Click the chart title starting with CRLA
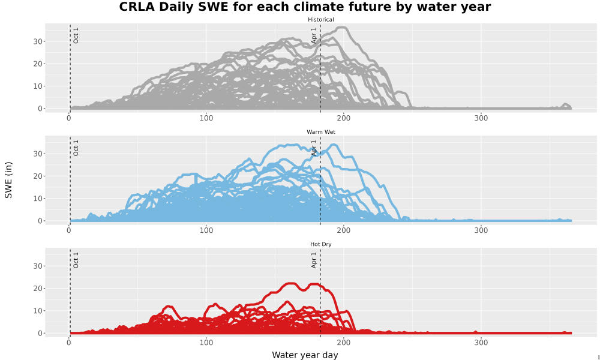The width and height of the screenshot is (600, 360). pyautogui.click(x=305, y=7)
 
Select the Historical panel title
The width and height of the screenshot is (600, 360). pyautogui.click(x=320, y=20)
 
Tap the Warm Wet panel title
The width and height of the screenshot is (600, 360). pyautogui.click(x=320, y=132)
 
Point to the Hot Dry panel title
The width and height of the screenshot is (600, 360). pyautogui.click(x=320, y=244)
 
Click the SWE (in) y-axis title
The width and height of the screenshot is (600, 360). pyautogui.click(x=8, y=180)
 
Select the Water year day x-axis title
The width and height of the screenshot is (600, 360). pyautogui.click(x=305, y=355)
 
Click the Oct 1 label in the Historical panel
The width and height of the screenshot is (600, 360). pyautogui.click(x=76, y=35)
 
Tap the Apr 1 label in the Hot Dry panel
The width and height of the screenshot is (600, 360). pyautogui.click(x=314, y=260)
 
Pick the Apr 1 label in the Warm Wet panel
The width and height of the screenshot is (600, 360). pyautogui.click(x=314, y=148)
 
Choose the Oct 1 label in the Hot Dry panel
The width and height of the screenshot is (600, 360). pyautogui.click(x=76, y=260)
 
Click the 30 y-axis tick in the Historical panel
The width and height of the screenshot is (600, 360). pyautogui.click(x=37, y=41)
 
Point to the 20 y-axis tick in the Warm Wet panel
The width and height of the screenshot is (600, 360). pyautogui.click(x=37, y=176)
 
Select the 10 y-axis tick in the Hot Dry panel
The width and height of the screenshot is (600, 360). pyautogui.click(x=37, y=311)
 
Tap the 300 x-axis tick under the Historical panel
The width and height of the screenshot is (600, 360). pyautogui.click(x=481, y=118)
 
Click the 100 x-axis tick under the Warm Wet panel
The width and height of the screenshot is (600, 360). pyautogui.click(x=206, y=230)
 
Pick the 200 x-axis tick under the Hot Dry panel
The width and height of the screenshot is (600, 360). pyautogui.click(x=344, y=343)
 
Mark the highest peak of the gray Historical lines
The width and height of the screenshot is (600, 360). pyautogui.click(x=343, y=28)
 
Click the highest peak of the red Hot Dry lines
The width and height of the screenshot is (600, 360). pyautogui.click(x=292, y=283)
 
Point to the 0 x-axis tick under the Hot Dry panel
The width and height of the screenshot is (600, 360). pyautogui.click(x=69, y=343)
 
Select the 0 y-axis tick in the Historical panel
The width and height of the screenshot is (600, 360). pyautogui.click(x=40, y=109)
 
